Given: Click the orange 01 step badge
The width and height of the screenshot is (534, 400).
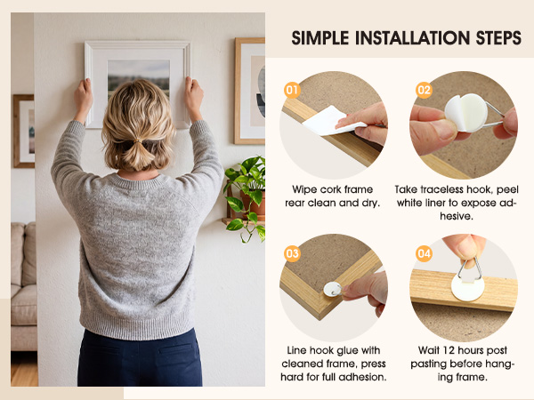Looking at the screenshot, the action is tap(292, 90).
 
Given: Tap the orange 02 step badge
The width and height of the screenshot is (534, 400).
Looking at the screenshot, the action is tap(424, 90).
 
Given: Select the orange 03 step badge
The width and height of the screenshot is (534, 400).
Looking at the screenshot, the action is tap(292, 253).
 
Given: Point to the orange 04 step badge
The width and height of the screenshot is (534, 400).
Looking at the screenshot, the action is tap(424, 253).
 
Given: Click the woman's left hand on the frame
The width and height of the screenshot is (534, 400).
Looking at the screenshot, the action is tap(83, 97).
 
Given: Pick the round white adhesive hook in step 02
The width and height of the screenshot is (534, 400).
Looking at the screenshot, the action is tap(466, 113).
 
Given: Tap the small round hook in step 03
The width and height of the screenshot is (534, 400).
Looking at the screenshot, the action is tap(333, 290).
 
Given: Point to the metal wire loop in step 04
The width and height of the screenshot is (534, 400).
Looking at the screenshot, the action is tap(470, 268).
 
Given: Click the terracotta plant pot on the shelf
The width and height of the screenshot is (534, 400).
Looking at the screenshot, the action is tap(254, 203).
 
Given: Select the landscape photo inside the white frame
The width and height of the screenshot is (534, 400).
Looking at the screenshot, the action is tap(139, 79).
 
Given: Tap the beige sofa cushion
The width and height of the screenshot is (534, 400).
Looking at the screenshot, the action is tap(23, 304).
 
